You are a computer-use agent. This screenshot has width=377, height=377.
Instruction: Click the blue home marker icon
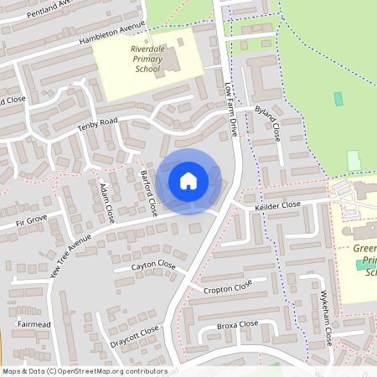188,180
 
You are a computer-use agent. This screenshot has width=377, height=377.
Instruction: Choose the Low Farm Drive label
232,110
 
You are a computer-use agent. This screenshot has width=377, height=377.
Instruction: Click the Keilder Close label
278,204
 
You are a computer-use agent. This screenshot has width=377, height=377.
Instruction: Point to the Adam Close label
106,202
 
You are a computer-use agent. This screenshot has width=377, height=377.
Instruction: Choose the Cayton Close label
154,266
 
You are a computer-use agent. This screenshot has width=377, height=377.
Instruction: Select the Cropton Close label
227,287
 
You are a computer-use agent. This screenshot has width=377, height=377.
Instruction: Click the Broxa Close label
237,324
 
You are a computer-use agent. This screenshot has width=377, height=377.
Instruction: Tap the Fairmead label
34,322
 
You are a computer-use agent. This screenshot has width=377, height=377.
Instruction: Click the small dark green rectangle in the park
338,99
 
